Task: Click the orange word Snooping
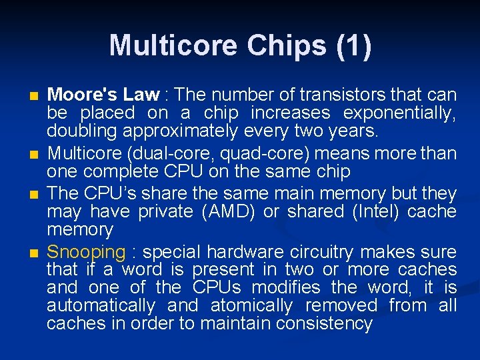[x=87, y=252]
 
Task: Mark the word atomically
[x=251, y=306]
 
